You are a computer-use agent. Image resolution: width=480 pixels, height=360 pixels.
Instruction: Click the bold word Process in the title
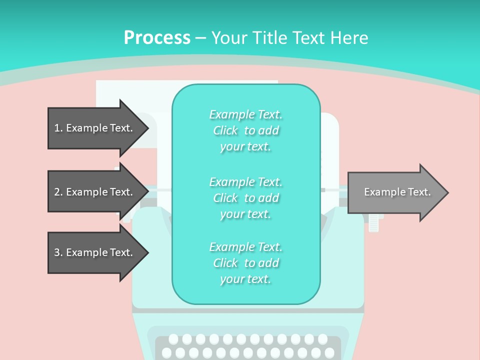pos(157,38)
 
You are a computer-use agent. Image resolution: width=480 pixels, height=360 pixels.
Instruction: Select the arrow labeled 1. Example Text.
pos(95,128)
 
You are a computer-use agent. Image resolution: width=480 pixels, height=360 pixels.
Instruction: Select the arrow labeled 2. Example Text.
pos(95,192)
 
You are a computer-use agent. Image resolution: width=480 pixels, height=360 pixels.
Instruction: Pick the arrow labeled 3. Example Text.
pos(95,252)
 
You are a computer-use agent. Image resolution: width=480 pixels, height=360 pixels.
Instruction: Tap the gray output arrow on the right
pos(395,192)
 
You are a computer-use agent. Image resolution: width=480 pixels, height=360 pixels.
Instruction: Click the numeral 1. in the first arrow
pos(58,128)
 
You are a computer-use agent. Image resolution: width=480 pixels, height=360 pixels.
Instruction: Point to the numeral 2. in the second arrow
pos(58,192)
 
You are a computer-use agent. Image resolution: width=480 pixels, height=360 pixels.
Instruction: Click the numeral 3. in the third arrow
pos(58,252)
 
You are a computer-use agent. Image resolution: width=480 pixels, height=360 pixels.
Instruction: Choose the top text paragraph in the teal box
pos(245,130)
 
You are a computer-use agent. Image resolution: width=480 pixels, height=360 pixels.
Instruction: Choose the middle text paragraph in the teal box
pos(245,197)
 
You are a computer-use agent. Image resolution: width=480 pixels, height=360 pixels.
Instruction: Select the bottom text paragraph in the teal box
pos(245,263)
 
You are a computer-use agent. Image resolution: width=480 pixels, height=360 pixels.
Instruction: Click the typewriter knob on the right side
pos(374,220)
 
